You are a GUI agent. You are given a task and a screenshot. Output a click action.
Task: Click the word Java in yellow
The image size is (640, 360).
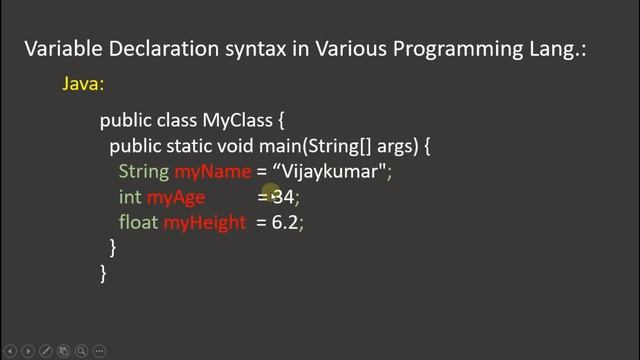[83, 85]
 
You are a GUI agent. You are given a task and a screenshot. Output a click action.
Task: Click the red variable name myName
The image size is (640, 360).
[212, 172]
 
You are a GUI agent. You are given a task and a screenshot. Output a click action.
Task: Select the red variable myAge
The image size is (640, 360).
[175, 197]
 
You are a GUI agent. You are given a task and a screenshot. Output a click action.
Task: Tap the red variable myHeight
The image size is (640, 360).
[204, 222]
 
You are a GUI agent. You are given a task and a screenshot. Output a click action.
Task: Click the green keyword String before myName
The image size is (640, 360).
[144, 172]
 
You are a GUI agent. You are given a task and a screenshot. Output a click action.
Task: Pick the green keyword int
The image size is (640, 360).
[130, 197]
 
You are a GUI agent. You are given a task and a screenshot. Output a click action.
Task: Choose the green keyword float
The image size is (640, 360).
[138, 222]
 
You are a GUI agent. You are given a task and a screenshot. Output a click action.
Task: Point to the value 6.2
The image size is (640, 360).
[285, 222]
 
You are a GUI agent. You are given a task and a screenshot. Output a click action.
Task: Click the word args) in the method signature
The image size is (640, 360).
[397, 146]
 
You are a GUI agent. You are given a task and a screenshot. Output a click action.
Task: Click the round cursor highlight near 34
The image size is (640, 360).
[271, 193]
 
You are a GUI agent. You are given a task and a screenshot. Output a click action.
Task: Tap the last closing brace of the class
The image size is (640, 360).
[103, 272]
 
